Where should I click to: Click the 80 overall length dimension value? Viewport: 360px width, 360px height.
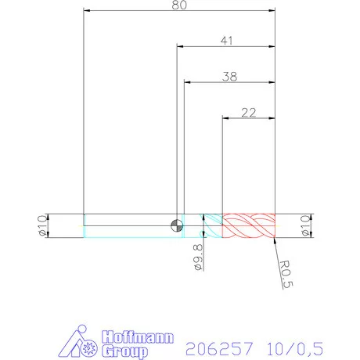pyautogui.click(x=179, y=5)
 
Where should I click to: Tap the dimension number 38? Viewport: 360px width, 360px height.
pyautogui.click(x=230, y=77)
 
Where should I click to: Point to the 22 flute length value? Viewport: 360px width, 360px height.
pyautogui.click(x=250, y=113)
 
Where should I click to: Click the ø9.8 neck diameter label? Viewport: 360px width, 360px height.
pyautogui.click(x=197, y=257)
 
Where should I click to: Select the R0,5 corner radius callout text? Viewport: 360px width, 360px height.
pyautogui.click(x=287, y=275)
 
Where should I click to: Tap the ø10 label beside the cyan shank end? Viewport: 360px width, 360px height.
pyautogui.click(x=41, y=225)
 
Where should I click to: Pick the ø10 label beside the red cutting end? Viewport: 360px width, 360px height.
pyautogui.click(x=306, y=225)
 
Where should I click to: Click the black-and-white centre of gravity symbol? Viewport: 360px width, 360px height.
pyautogui.click(x=178, y=226)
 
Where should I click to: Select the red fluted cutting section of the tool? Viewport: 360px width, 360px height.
pyautogui.click(x=249, y=225)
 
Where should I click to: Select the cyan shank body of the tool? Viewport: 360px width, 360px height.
pyautogui.click(x=129, y=225)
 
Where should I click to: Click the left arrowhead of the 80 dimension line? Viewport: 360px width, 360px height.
pyautogui.click(x=86, y=11)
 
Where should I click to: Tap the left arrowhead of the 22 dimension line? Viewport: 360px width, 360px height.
pyautogui.click(x=225, y=119)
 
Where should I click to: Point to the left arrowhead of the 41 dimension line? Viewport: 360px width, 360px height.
pyautogui.click(x=180, y=47)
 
